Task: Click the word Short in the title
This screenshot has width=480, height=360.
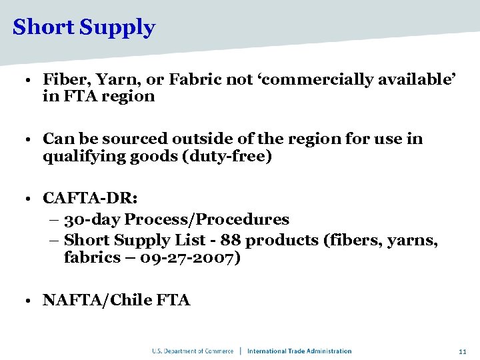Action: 44,27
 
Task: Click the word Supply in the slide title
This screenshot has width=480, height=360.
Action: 117,29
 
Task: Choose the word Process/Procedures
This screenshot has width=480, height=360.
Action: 207,219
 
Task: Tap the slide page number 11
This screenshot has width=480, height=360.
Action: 462,351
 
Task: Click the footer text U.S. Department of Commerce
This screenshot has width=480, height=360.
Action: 193,351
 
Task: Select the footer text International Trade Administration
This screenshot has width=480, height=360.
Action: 299,351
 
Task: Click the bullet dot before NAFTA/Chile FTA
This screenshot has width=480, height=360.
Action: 23,301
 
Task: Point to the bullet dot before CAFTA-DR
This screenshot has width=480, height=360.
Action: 23,199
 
